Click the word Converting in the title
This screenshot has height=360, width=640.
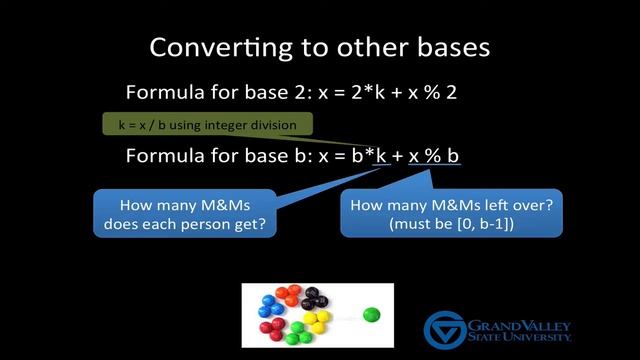213,47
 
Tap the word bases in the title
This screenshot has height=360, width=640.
450,47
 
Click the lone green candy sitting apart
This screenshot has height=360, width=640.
372,314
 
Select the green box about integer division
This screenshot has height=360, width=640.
208,125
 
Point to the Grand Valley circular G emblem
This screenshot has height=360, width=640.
444,329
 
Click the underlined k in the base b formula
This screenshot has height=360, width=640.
380,156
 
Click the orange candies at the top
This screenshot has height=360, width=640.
290,294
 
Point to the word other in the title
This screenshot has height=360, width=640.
363,47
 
